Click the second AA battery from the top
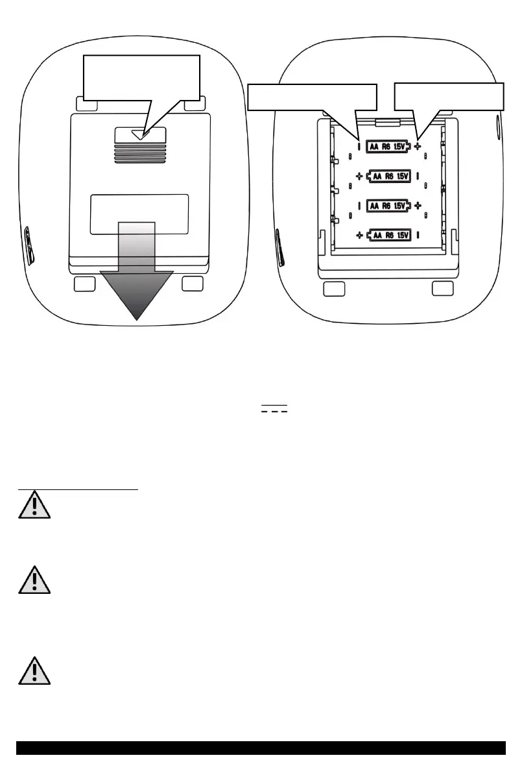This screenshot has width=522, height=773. (389, 176)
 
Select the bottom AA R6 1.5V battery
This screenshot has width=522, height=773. (389, 235)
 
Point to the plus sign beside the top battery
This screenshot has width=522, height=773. (418, 147)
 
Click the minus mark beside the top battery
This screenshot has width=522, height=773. (359, 147)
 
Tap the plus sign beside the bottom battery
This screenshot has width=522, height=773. (359, 235)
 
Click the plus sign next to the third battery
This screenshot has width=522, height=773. (418, 205)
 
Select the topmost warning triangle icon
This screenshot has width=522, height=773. (34, 504)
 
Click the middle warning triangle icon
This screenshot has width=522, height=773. (34, 580)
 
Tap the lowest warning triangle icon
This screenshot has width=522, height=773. (34, 670)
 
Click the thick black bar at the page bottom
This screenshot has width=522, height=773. (261, 748)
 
